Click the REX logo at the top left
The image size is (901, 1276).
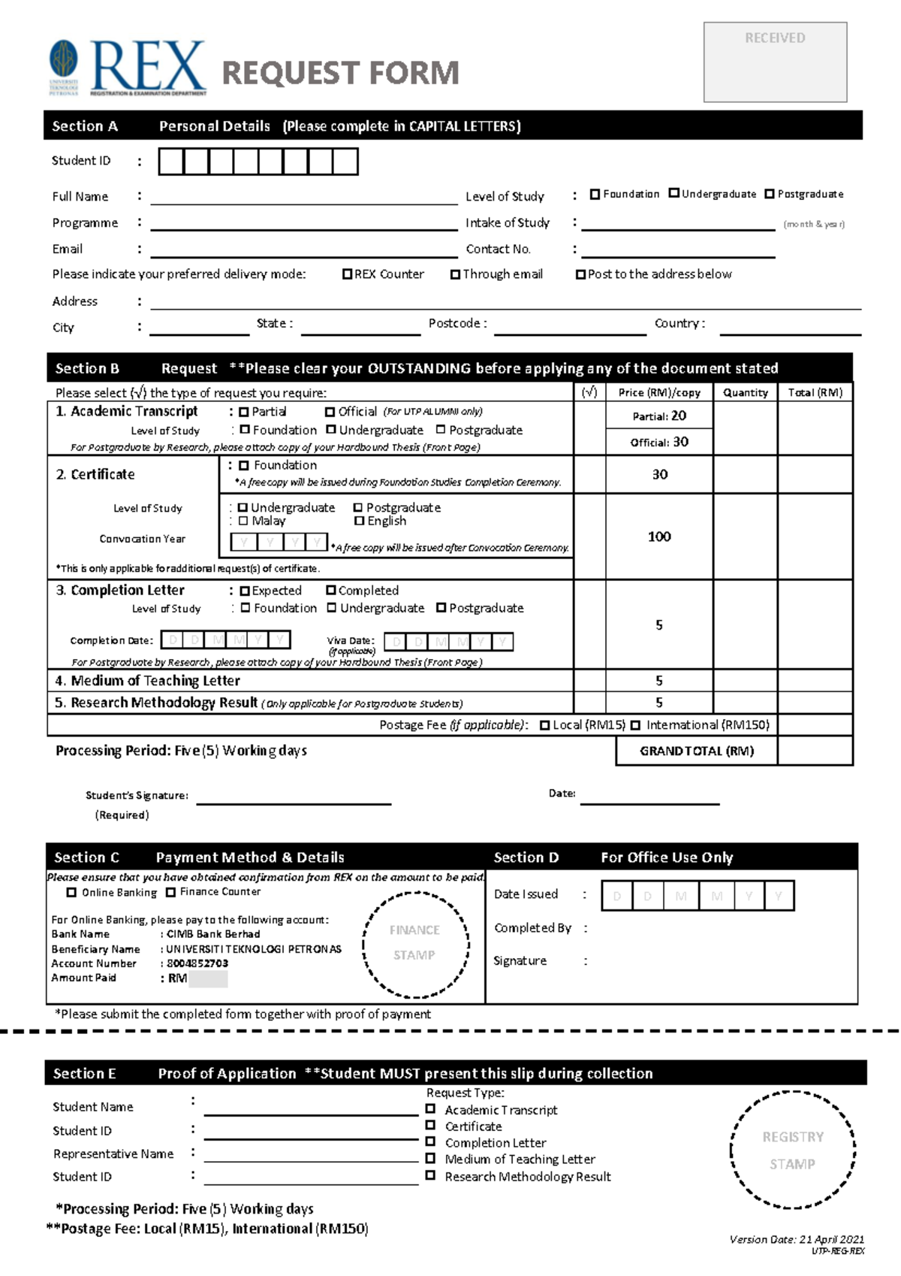(128, 68)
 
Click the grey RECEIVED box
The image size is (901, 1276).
(775, 62)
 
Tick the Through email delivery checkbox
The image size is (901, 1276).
(455, 274)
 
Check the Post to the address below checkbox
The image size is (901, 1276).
(580, 274)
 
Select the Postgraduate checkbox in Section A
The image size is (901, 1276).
(770, 194)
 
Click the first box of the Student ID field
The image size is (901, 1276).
(171, 162)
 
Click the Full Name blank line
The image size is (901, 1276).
(303, 198)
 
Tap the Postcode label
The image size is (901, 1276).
(457, 323)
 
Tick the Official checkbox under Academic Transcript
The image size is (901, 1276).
(330, 412)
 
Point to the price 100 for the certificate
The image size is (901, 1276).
(659, 537)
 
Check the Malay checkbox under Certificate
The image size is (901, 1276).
(243, 521)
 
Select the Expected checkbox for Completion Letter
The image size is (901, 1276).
(244, 591)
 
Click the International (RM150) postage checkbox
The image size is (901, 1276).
(636, 725)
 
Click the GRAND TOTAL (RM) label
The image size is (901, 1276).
(696, 751)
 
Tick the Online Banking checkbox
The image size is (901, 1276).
(71, 893)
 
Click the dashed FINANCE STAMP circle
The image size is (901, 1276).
(415, 944)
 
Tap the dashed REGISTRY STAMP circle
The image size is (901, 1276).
(792, 1150)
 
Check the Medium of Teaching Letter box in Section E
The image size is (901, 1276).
(430, 1159)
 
